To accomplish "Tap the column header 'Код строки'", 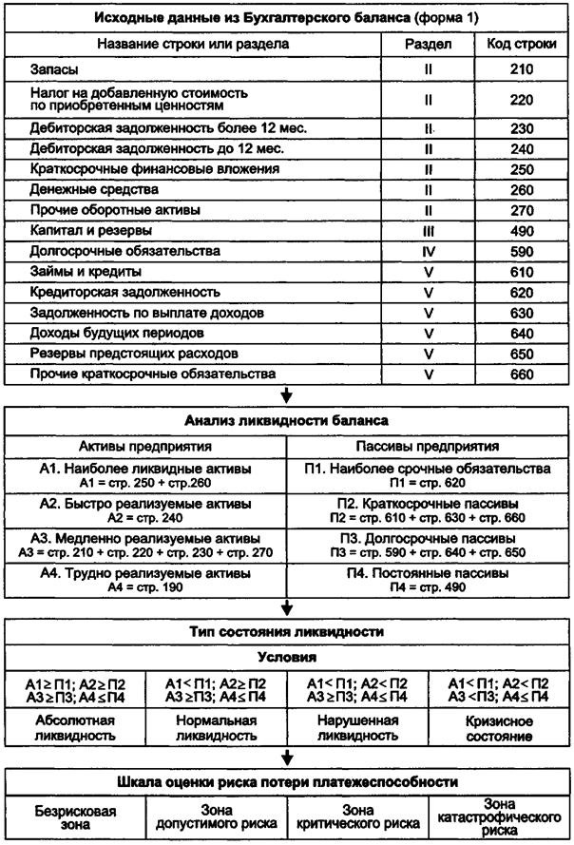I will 515,44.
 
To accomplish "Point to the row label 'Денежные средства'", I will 85,189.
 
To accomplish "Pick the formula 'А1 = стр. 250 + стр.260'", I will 143,484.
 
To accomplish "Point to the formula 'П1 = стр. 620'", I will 430,484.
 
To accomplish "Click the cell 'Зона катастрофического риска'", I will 502,816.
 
